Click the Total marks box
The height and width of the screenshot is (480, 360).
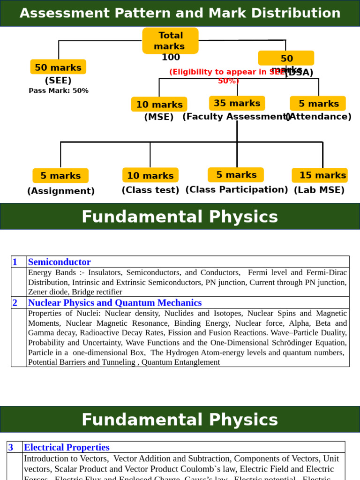(x=170, y=41)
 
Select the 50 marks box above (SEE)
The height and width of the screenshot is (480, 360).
(x=58, y=67)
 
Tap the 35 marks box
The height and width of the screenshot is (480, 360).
(x=237, y=103)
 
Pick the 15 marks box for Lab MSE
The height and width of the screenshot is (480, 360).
(x=320, y=175)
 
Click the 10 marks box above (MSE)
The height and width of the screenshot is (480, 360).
(x=159, y=104)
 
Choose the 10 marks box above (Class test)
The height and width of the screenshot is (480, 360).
(x=150, y=175)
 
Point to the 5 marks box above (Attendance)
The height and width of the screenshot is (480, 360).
(x=318, y=104)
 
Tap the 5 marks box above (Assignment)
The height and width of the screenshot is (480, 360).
(x=60, y=176)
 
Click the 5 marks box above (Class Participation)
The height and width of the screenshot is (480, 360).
(x=236, y=175)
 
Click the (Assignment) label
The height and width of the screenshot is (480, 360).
(x=61, y=191)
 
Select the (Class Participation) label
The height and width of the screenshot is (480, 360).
(x=237, y=189)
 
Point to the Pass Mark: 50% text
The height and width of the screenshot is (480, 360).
(x=59, y=90)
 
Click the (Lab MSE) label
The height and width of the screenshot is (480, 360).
(x=319, y=190)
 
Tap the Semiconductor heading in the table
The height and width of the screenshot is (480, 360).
(x=60, y=262)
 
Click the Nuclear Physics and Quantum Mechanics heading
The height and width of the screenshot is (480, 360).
(x=115, y=302)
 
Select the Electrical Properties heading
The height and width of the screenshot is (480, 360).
(x=67, y=447)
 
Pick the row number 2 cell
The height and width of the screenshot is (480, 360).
(x=15, y=302)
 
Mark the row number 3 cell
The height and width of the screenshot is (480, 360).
(x=11, y=447)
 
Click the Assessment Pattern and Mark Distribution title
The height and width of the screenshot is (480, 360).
(x=180, y=13)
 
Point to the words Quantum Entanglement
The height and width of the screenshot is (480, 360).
(x=180, y=362)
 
